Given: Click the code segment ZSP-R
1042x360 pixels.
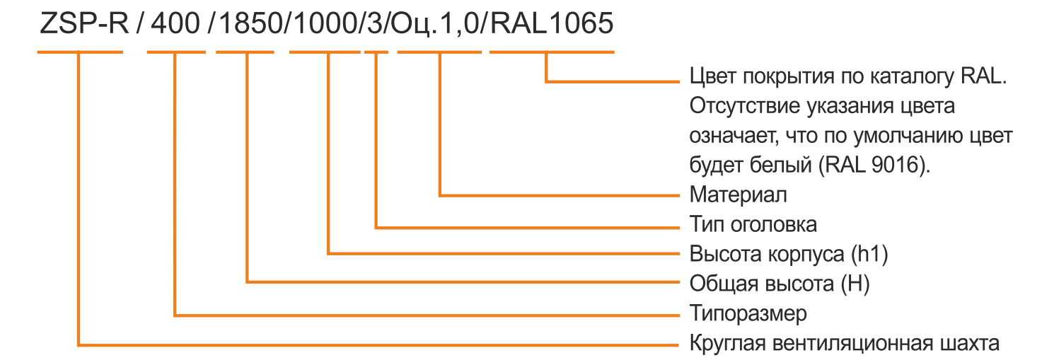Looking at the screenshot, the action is point(83,23).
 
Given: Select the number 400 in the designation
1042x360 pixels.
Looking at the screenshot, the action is point(175,23).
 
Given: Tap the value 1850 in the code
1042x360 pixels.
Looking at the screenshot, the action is point(250,23).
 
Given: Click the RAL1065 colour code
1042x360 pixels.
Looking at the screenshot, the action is point(552,23).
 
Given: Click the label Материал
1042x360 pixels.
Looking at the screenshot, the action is point(739,194).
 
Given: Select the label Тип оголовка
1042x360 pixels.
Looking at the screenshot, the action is point(753,224).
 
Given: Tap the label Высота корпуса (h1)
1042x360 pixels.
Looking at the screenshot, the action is point(789,254).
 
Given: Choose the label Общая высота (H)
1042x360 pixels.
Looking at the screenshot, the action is point(780,284).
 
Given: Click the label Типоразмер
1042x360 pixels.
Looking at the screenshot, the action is point(748,313).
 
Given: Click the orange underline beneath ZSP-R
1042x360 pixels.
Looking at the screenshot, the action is point(80,52).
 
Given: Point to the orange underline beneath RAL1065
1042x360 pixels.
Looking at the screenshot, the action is point(552,52).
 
